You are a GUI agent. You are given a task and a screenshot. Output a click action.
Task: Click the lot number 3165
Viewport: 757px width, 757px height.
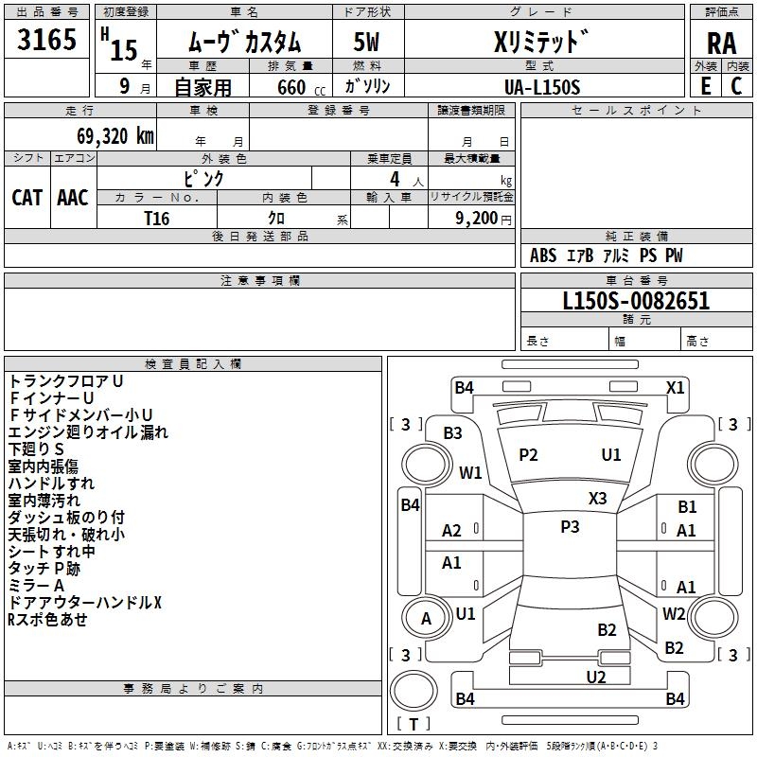(x=47, y=43)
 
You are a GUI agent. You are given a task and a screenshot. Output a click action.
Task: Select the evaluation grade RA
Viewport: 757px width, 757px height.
(x=721, y=43)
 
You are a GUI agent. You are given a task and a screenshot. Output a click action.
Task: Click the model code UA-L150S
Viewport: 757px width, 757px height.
(x=543, y=86)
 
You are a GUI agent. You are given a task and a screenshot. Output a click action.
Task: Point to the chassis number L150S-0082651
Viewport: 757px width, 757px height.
(x=636, y=302)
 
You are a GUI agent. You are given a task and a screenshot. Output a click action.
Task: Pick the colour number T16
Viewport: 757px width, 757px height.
(x=157, y=218)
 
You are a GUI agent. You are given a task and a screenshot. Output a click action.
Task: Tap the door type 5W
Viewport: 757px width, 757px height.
(x=366, y=43)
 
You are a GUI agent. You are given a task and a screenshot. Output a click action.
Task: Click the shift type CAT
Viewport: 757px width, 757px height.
(x=26, y=197)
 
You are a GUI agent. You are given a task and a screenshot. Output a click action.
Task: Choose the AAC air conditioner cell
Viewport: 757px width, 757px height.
(x=73, y=197)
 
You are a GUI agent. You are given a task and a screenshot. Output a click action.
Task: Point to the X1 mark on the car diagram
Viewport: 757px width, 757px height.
(x=675, y=387)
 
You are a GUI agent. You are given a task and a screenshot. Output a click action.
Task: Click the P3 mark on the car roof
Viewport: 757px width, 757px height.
(x=570, y=527)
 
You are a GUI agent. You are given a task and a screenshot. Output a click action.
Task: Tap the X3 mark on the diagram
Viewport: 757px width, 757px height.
(x=598, y=498)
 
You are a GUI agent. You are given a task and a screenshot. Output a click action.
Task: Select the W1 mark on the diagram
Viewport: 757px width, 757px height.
(x=470, y=472)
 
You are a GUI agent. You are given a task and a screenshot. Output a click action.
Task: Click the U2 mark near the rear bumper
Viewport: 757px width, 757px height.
(x=595, y=677)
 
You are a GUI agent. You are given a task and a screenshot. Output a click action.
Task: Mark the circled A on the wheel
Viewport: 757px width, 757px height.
(x=426, y=619)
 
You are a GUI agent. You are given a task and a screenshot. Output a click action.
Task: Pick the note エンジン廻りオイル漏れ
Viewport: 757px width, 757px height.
(x=88, y=432)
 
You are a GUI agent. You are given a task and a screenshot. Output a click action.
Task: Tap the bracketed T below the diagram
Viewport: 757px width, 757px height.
(x=414, y=724)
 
